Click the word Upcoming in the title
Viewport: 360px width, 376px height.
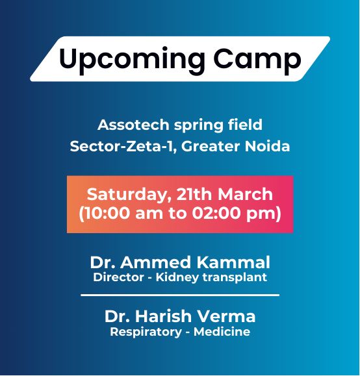click(123, 60)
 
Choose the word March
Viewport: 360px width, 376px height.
click(246, 194)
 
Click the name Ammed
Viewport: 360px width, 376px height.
click(155, 263)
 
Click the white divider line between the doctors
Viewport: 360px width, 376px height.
click(180, 295)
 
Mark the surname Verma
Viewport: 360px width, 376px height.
click(227, 317)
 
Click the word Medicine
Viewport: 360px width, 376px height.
click(223, 332)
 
